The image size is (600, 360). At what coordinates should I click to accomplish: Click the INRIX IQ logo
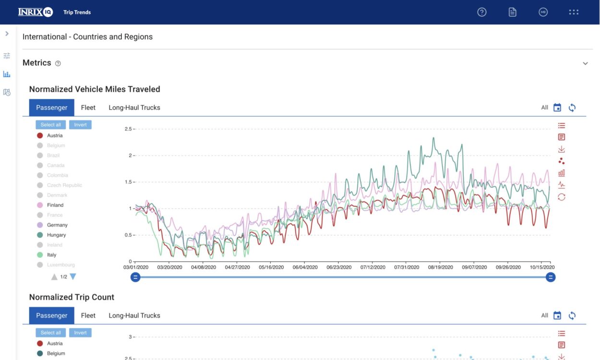35,12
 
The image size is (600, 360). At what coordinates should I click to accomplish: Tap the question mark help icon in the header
482,12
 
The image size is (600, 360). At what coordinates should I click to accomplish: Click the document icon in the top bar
513,12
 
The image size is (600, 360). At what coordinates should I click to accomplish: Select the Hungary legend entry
56,235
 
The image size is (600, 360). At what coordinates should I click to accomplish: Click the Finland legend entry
55,205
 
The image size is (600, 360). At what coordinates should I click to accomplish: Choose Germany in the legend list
57,225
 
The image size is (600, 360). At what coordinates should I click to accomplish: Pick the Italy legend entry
51,255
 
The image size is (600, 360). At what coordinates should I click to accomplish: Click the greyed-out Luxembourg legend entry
60,265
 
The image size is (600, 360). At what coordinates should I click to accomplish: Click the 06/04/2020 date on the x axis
305,267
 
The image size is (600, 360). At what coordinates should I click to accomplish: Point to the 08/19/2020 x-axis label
441,267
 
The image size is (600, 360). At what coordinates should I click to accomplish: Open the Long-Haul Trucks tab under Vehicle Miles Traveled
134,108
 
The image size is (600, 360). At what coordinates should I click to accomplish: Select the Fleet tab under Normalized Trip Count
88,315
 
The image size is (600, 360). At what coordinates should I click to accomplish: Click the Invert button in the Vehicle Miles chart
80,125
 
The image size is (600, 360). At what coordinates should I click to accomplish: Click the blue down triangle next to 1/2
73,276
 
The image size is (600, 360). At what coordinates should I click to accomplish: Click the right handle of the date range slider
551,277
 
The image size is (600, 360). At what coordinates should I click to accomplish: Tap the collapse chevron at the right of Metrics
585,63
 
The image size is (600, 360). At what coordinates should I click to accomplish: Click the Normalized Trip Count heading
72,297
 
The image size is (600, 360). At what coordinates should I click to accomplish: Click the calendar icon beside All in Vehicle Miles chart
557,108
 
